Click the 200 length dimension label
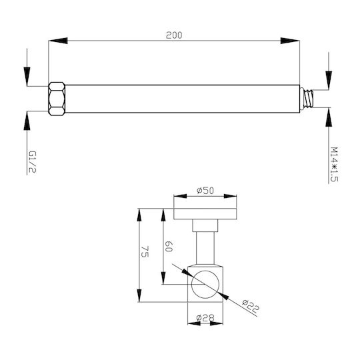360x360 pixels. [174, 35]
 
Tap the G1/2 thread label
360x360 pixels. [33, 162]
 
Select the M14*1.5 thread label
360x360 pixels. [334, 165]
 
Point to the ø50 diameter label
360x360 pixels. [205, 191]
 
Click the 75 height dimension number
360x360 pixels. [145, 251]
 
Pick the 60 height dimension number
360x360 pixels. [169, 247]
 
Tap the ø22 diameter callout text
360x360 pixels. [251, 306]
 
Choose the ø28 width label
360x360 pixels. [205, 318]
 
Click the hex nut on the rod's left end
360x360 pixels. [57, 99]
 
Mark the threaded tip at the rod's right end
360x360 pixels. [307, 99]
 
